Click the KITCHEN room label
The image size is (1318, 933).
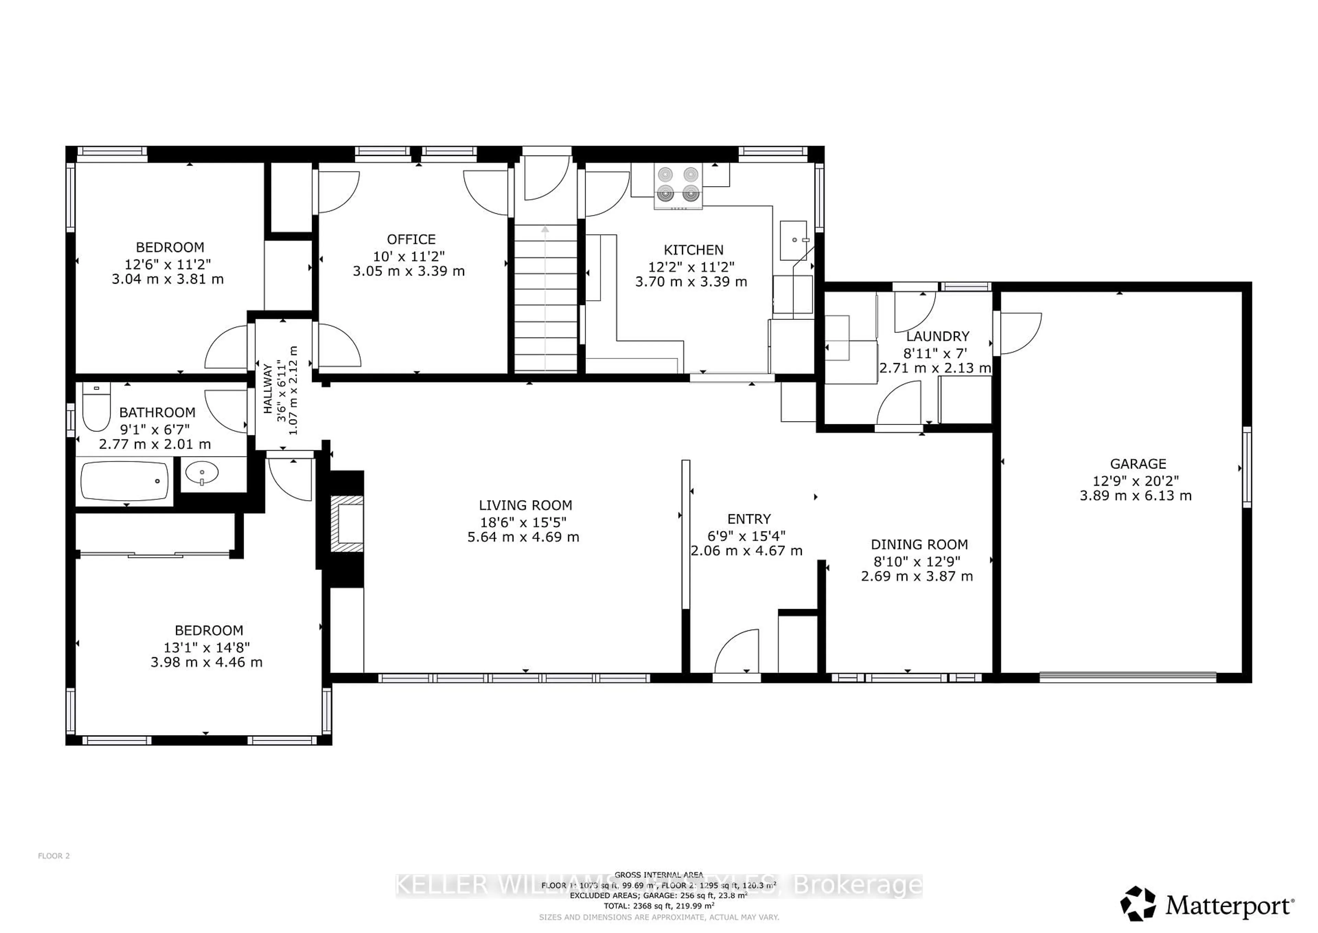click(x=693, y=250)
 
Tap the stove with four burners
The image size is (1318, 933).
click(x=678, y=185)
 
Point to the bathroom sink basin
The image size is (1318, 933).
click(x=201, y=474)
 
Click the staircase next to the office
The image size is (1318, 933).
click(x=545, y=299)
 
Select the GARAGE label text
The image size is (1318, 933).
click(x=1138, y=464)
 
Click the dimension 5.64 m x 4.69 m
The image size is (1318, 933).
click(x=523, y=537)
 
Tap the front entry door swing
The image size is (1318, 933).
click(x=738, y=652)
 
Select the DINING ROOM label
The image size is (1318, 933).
click(x=919, y=544)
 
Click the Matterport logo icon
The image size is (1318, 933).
click(x=1138, y=904)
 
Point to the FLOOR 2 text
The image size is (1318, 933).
click(x=54, y=856)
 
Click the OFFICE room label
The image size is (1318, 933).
click(x=411, y=239)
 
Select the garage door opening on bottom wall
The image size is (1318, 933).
click(x=1128, y=677)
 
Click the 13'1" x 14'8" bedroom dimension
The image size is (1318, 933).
click(x=207, y=648)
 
